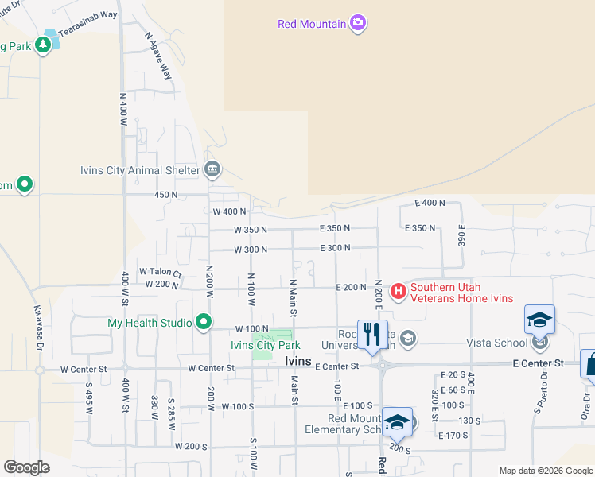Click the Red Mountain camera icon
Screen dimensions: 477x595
358,22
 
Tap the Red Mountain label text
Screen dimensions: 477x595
312,24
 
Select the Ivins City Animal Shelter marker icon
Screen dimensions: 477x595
212,169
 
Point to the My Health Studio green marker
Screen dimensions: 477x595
204,322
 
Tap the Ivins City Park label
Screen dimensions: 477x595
265,345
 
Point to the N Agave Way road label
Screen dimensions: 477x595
159,56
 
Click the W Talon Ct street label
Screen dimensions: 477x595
161,273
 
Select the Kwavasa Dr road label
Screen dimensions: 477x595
38,326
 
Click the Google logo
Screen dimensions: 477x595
27,467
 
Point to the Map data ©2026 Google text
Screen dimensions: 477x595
545,471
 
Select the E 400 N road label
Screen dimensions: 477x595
430,204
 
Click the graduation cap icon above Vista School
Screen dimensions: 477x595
539,320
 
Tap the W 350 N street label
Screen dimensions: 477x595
251,230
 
